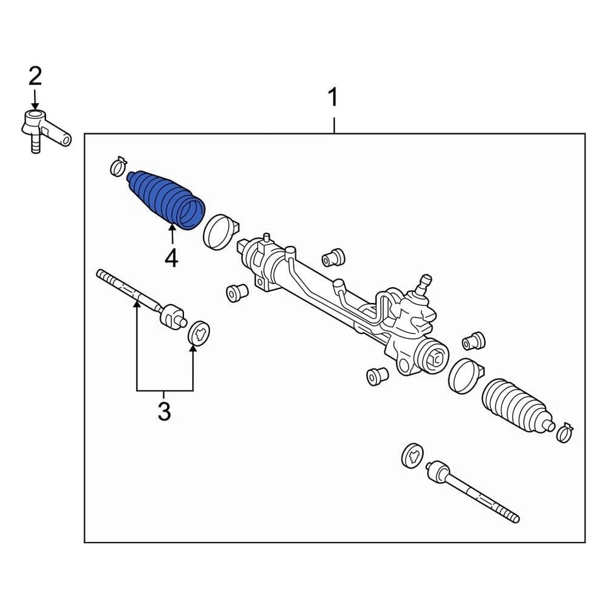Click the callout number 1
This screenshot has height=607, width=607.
[333, 99]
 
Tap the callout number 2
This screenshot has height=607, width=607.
[35, 77]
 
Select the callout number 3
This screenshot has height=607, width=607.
[164, 411]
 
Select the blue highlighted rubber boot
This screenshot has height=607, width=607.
[166, 197]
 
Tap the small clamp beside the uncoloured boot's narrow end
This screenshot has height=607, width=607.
[564, 432]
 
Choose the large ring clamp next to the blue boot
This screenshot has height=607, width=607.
[219, 231]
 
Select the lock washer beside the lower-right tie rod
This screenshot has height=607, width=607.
[413, 455]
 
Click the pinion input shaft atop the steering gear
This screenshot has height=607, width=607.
[424, 281]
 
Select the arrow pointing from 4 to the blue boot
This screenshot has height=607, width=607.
[171, 235]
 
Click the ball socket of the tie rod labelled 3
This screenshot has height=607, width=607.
[172, 316]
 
